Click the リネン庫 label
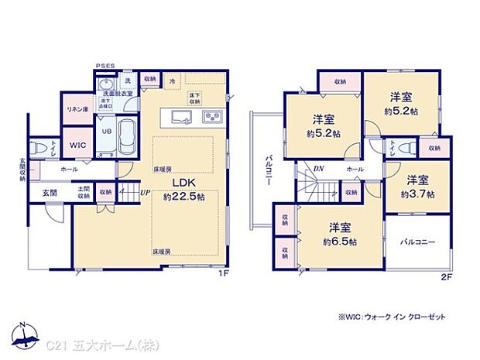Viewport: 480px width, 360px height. point(77,108)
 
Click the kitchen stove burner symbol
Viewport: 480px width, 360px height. point(212,118)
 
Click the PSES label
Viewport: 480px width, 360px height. point(105,67)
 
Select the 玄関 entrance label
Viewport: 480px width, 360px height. point(50,192)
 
